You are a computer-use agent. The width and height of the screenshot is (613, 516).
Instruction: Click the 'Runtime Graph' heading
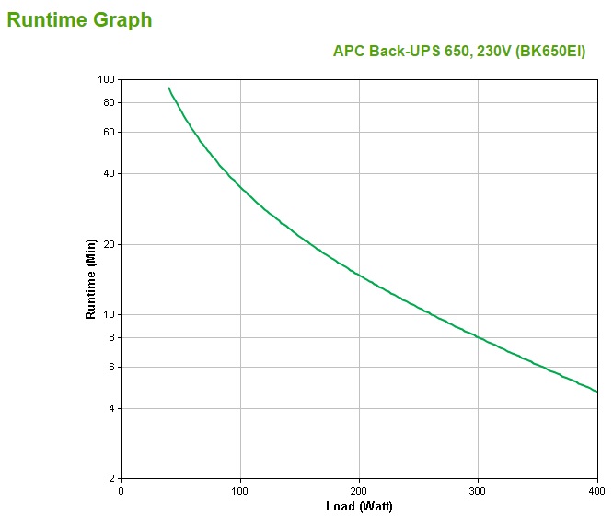click(79, 20)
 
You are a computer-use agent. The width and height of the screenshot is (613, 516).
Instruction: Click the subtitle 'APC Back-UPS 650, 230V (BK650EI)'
click(458, 52)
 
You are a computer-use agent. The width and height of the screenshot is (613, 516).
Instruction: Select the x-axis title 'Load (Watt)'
click(359, 507)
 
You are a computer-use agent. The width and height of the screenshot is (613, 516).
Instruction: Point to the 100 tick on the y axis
click(104, 79)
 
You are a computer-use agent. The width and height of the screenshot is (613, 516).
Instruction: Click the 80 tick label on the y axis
click(107, 102)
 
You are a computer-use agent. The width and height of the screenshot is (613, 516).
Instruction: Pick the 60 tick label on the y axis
click(107, 132)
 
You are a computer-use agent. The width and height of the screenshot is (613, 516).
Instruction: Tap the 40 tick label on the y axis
click(107, 173)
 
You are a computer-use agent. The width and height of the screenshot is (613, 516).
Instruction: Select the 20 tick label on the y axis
click(107, 244)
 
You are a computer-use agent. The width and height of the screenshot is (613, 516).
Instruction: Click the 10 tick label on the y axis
click(107, 314)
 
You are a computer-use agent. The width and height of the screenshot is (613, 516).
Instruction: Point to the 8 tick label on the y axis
click(110, 337)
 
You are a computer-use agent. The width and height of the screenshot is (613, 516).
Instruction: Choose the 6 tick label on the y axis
click(110, 367)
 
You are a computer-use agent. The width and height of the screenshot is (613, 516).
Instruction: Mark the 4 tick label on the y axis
click(110, 408)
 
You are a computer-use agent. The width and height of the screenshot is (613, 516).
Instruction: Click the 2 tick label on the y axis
click(110, 479)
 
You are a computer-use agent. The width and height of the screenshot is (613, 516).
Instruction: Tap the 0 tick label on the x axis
click(121, 491)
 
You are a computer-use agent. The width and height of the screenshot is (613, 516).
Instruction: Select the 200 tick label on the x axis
click(360, 491)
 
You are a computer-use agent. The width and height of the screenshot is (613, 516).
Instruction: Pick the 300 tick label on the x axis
click(479, 491)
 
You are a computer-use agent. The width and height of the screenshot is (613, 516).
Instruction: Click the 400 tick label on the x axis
click(596, 491)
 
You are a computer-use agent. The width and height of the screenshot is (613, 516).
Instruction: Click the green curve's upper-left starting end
click(168, 88)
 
